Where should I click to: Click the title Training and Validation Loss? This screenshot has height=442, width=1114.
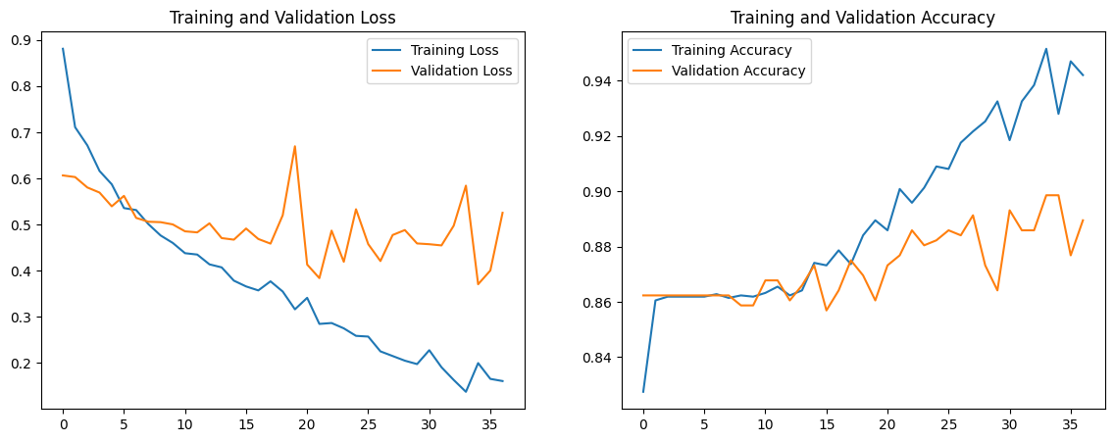282,18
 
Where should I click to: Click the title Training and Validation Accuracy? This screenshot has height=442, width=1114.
862,18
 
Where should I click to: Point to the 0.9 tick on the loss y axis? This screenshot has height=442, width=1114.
20,40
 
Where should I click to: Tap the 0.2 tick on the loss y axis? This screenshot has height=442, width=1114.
20,364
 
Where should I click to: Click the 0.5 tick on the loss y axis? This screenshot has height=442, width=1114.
20,225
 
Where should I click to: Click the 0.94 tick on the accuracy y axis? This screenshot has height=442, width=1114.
595,81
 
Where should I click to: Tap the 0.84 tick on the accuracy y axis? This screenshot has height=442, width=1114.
595,358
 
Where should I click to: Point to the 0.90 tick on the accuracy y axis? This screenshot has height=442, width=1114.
595,192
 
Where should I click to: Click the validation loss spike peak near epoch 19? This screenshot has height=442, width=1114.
294,146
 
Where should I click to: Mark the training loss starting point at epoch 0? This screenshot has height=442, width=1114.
63,49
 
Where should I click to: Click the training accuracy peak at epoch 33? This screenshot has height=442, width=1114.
1046,49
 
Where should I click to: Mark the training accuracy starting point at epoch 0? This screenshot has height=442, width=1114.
643,392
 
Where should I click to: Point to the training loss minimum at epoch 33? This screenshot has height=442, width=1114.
466,392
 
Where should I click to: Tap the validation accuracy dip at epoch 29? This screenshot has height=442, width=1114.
997,290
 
